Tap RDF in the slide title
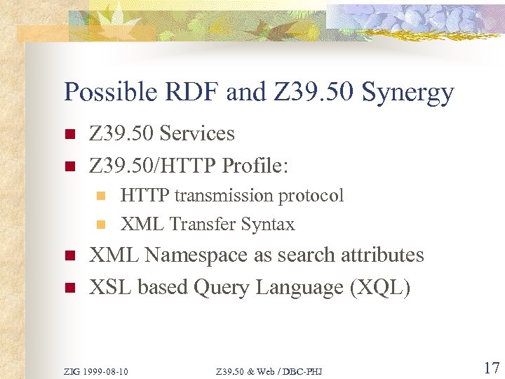pyautogui.click(x=188, y=92)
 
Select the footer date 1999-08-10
pyautogui.click(x=106, y=371)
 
